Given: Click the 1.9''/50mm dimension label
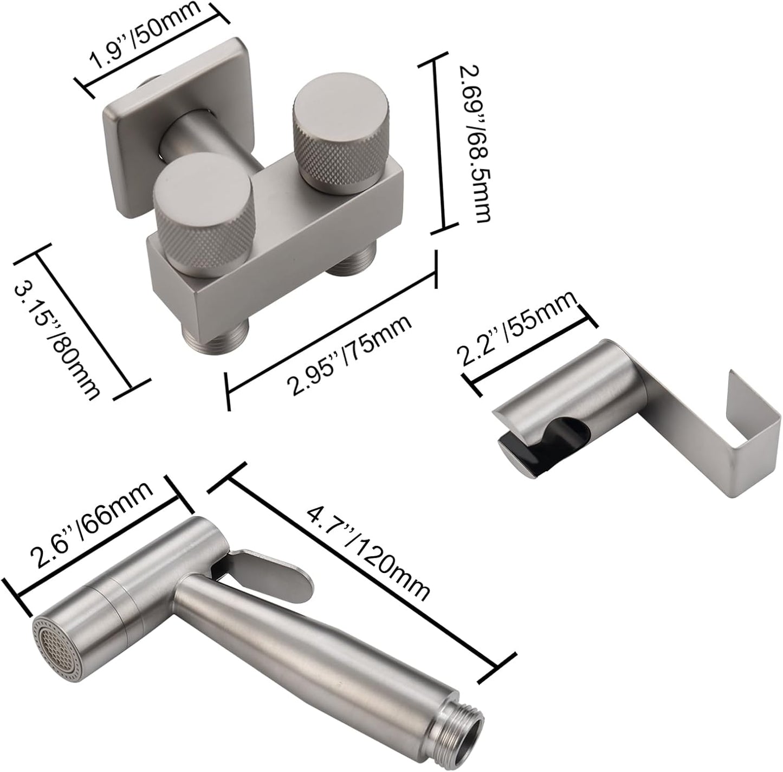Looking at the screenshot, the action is point(145,35).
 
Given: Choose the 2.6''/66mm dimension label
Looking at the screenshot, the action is point(93,529).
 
